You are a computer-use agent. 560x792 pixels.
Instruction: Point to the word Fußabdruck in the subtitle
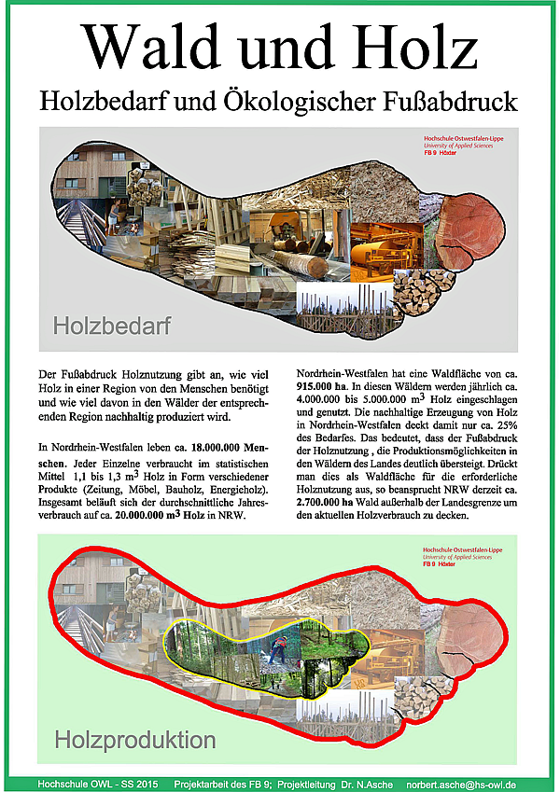(x=457, y=100)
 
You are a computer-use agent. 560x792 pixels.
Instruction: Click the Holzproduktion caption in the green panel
(x=134, y=741)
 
